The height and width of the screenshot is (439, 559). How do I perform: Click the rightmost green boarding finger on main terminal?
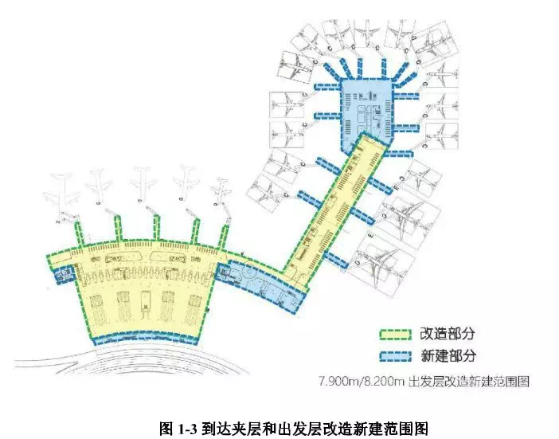227,233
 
